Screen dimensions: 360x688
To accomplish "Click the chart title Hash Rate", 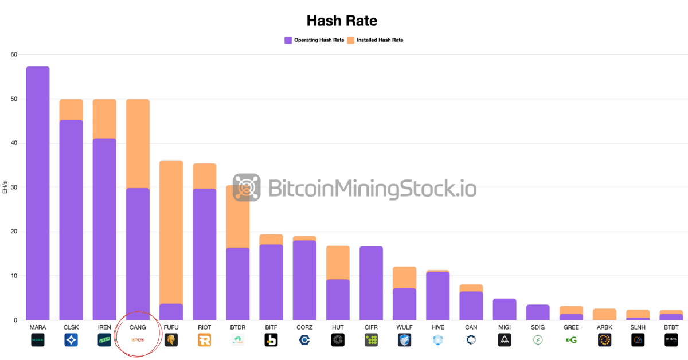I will pyautogui.click(x=342, y=21).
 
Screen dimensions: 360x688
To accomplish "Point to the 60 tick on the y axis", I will pyautogui.click(x=14, y=54).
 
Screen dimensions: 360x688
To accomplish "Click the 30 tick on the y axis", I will pyautogui.click(x=14, y=187).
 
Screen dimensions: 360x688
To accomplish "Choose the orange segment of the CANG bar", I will pyautogui.click(x=138, y=143).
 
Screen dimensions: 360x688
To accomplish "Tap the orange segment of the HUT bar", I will pyautogui.click(x=338, y=263).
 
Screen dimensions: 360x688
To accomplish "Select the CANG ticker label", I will pyautogui.click(x=138, y=327).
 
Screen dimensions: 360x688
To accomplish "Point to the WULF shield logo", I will pyautogui.click(x=404, y=340).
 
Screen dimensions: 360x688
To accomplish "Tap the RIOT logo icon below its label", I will pyautogui.click(x=204, y=340).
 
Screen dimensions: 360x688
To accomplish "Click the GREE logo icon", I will pyautogui.click(x=571, y=340).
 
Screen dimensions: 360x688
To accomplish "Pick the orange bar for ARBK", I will pyautogui.click(x=604, y=314).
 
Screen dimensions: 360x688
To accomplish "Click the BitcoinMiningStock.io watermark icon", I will pyautogui.click(x=247, y=187).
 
